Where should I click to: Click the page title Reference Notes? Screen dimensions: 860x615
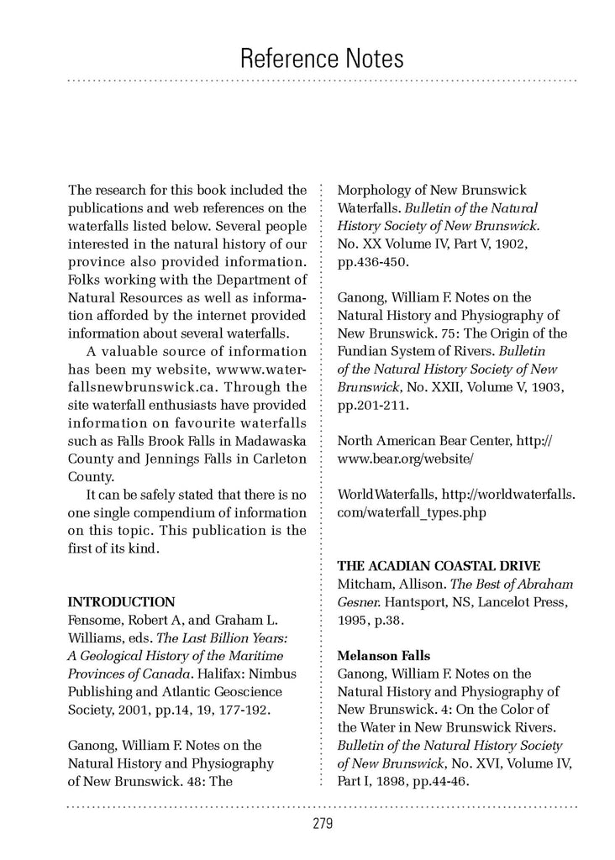point(322,58)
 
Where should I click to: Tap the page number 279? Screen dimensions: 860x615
point(322,824)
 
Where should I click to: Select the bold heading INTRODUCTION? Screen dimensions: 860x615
point(121,601)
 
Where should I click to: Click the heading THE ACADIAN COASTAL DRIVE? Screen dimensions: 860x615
point(439,565)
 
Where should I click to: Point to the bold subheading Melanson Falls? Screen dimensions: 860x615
point(382,655)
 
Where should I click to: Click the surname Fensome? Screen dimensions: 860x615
point(95,620)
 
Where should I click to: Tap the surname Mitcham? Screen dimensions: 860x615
point(364,584)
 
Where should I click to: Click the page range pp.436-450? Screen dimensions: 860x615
point(373,262)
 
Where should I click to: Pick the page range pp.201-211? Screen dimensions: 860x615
point(373,405)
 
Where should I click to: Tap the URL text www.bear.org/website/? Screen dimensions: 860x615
point(406,459)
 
